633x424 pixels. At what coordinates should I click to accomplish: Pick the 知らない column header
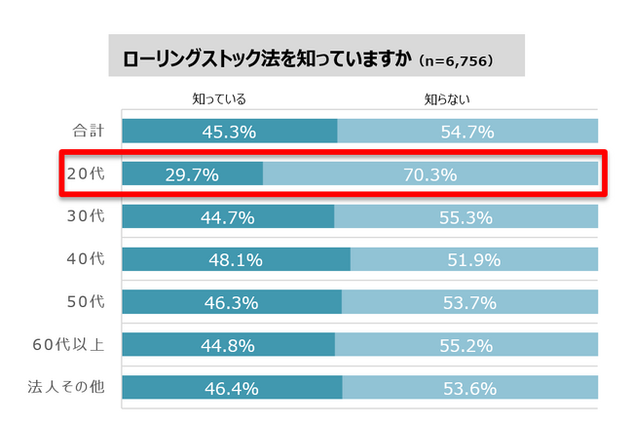(448, 98)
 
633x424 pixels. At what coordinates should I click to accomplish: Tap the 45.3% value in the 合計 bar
(230, 132)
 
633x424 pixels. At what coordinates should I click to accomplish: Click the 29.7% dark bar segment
(193, 174)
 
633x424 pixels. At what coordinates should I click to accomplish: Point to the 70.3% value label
(429, 175)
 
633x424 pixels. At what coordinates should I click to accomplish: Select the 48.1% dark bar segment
(237, 260)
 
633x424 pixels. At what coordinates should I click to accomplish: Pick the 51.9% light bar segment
(474, 260)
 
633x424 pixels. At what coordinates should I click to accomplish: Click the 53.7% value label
(470, 303)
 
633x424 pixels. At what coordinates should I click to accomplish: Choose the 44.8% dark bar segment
(229, 346)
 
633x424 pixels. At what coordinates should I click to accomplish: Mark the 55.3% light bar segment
(466, 217)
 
